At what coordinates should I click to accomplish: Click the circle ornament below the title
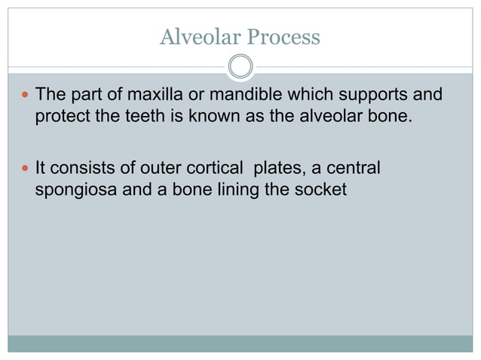[x=240, y=67]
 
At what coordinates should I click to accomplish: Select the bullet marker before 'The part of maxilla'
[x=26, y=96]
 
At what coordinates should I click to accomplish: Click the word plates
[x=273, y=168]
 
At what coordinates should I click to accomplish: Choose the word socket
[x=320, y=190]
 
